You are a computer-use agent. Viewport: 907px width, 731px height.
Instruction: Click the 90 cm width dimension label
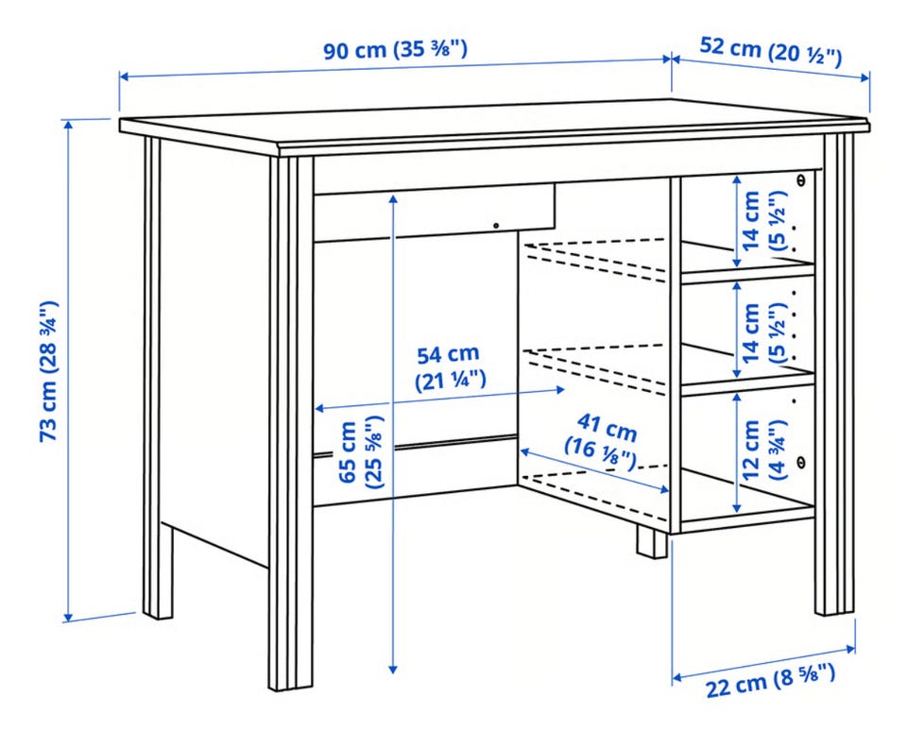coord(395,50)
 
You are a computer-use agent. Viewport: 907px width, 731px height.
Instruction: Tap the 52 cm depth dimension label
coord(771,51)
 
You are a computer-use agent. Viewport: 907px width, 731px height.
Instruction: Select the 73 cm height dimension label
coord(48,371)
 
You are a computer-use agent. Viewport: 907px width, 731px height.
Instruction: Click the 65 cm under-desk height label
coord(361,453)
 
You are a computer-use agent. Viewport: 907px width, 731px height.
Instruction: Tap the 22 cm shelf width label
coord(771,682)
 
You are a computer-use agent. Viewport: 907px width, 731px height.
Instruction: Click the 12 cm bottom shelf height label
coord(763,450)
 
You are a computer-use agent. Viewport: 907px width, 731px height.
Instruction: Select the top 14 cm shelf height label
coord(763,221)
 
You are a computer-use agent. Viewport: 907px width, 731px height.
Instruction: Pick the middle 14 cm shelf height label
coord(763,333)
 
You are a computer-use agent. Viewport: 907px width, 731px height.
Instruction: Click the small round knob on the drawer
coord(496,225)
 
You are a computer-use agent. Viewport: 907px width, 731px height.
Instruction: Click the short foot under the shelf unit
coord(652,542)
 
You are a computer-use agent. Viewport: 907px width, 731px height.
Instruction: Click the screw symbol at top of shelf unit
coord(801,179)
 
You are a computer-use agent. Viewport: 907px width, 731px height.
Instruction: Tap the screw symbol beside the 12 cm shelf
coord(801,461)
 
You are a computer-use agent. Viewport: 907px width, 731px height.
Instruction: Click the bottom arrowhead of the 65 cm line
coord(393,669)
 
